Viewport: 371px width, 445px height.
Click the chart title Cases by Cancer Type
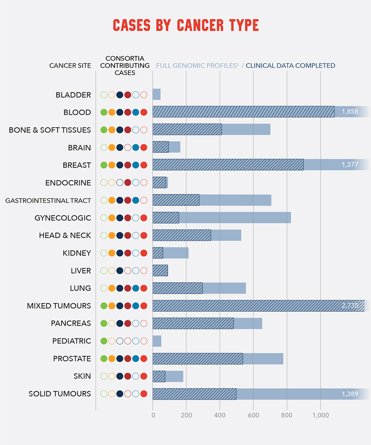(185, 25)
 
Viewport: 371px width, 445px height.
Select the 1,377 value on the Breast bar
(349, 165)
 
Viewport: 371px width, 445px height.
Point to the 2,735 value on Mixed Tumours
(349, 306)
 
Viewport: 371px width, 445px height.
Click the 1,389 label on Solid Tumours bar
(349, 394)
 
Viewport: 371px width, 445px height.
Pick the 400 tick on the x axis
(220, 415)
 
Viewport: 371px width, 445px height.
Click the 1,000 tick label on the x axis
(321, 415)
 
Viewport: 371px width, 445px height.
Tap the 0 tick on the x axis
(153, 415)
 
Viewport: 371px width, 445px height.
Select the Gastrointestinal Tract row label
(48, 201)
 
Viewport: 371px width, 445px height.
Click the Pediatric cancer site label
(71, 341)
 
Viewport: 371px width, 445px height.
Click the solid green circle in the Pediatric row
(104, 341)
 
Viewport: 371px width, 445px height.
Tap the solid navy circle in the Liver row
(120, 271)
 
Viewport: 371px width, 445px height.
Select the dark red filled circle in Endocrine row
(128, 182)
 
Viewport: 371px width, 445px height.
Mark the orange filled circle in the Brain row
(112, 148)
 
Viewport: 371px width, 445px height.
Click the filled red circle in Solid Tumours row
(144, 394)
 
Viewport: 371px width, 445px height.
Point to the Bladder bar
(157, 95)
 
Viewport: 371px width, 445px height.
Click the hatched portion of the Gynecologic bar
(165, 218)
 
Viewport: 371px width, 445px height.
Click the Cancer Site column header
(70, 66)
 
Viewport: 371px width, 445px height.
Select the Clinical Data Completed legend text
(290, 66)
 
